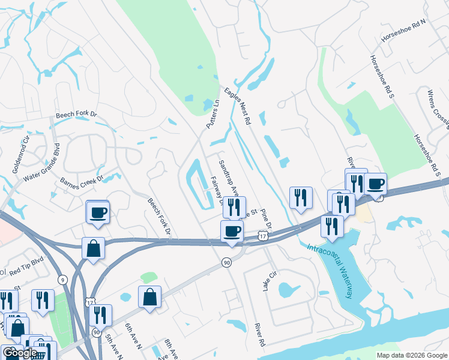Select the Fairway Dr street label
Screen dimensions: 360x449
217,190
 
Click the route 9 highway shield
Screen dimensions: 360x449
62,279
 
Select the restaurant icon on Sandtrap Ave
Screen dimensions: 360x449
234,207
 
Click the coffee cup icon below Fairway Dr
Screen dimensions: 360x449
232,231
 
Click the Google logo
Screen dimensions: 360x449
19,352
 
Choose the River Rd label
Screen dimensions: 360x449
260,334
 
